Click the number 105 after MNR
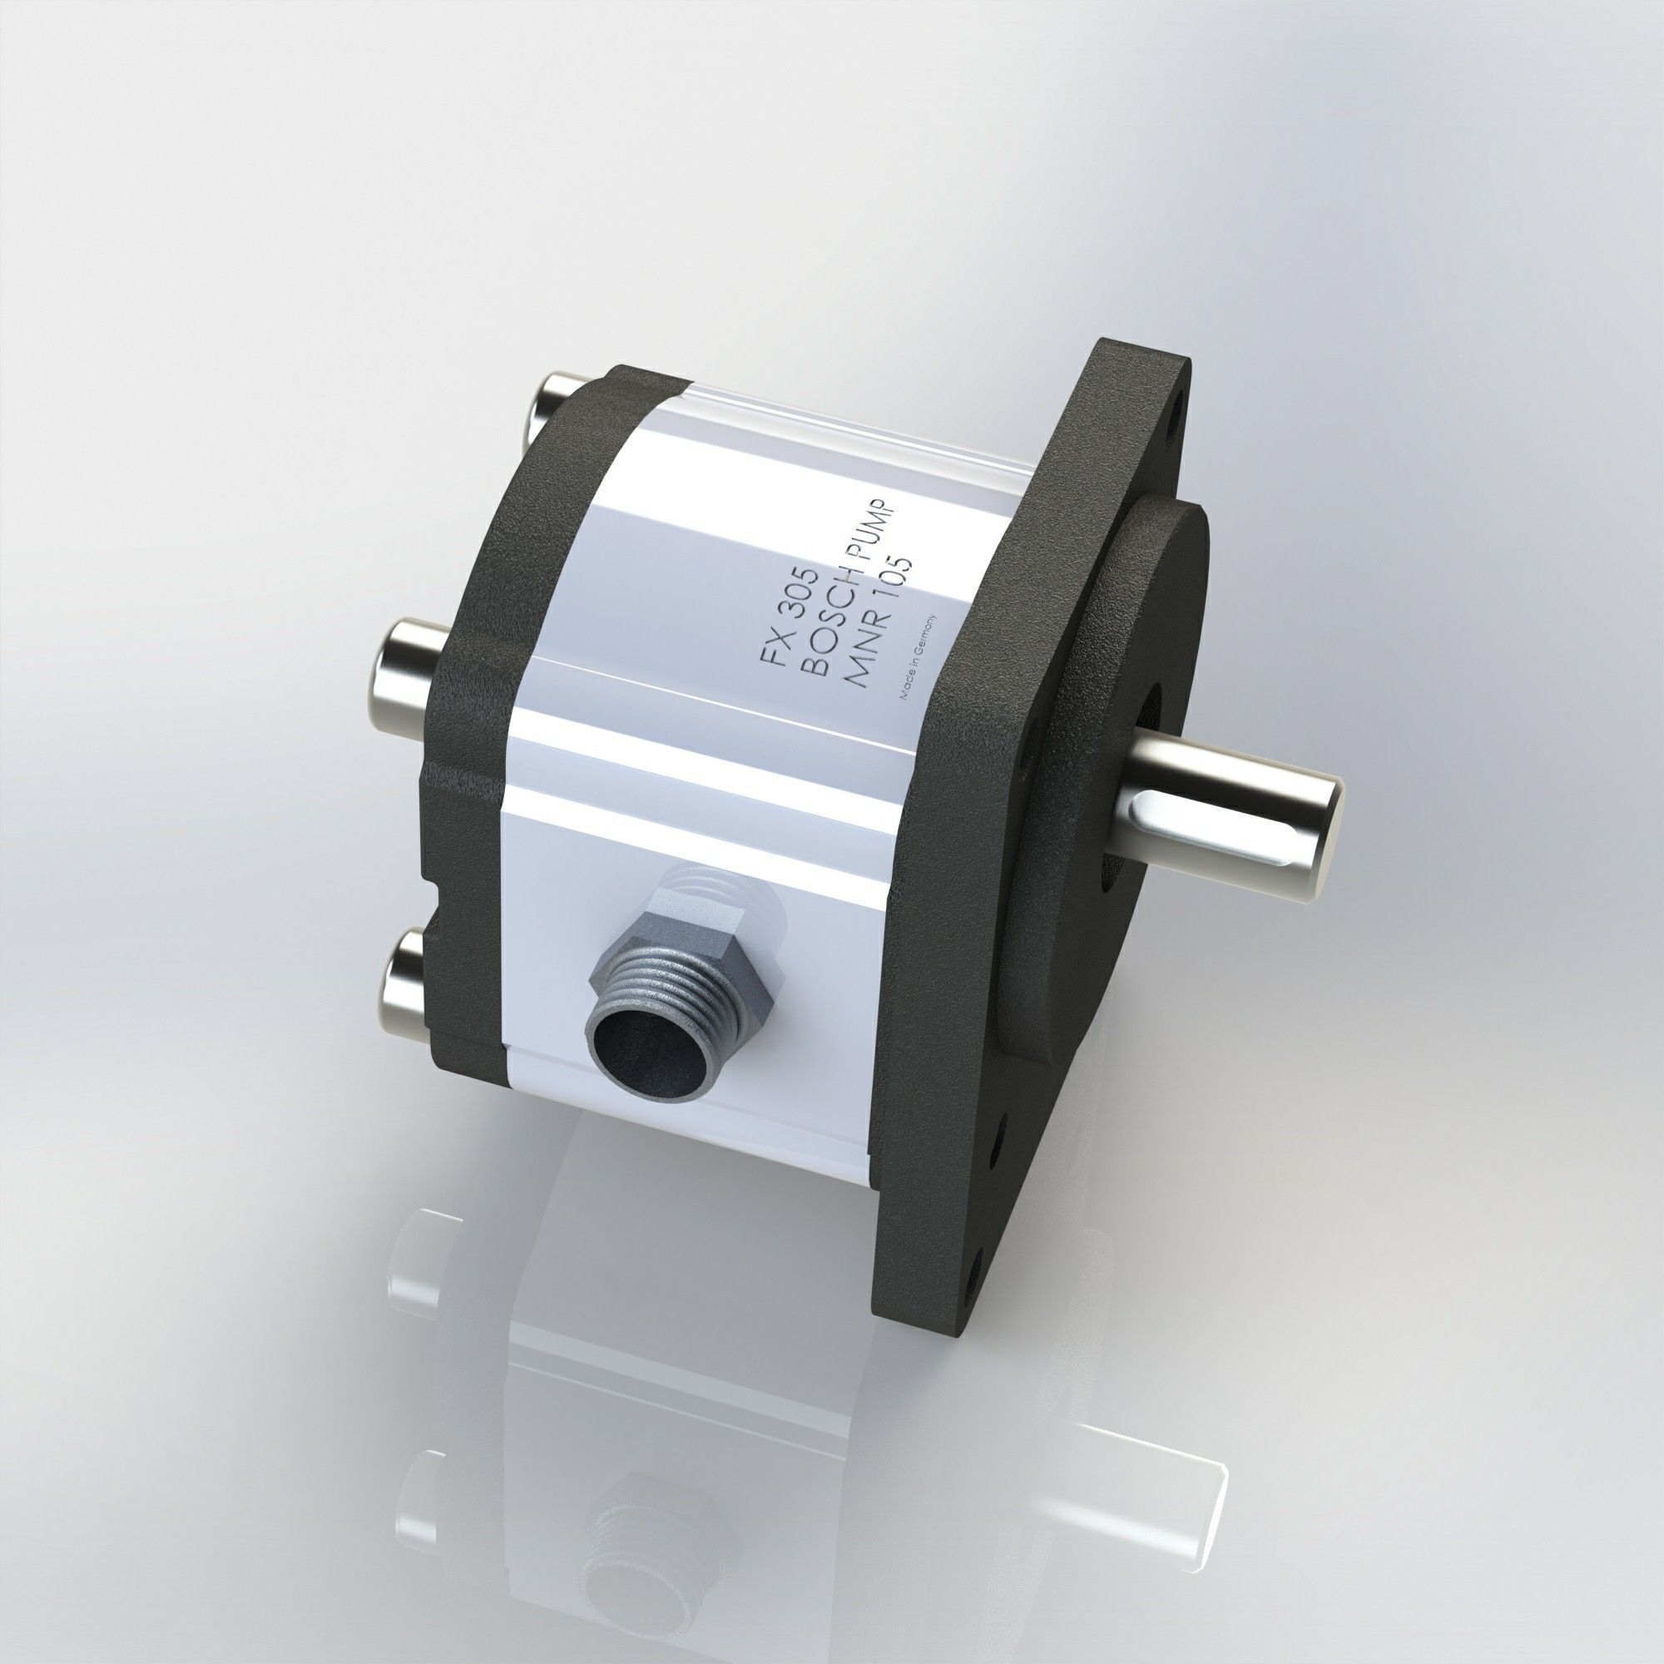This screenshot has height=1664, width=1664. pos(896,582)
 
